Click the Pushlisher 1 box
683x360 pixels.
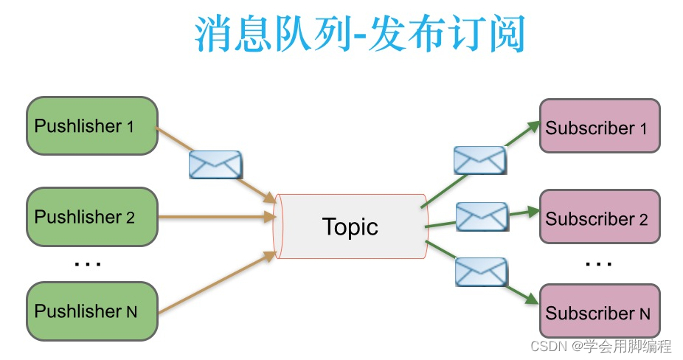tap(92, 125)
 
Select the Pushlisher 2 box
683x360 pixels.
tap(92, 217)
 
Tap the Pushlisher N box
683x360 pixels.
tap(92, 311)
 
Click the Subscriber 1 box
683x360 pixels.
tap(600, 127)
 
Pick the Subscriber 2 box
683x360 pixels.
tap(600, 218)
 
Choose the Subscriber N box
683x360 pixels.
tap(600, 312)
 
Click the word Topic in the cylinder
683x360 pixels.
tap(350, 226)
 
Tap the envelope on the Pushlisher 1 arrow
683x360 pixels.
tap(215, 165)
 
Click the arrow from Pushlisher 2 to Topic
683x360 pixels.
tap(214, 217)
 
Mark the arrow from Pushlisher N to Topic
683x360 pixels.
tap(214, 283)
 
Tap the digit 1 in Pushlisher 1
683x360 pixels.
tap(130, 126)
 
